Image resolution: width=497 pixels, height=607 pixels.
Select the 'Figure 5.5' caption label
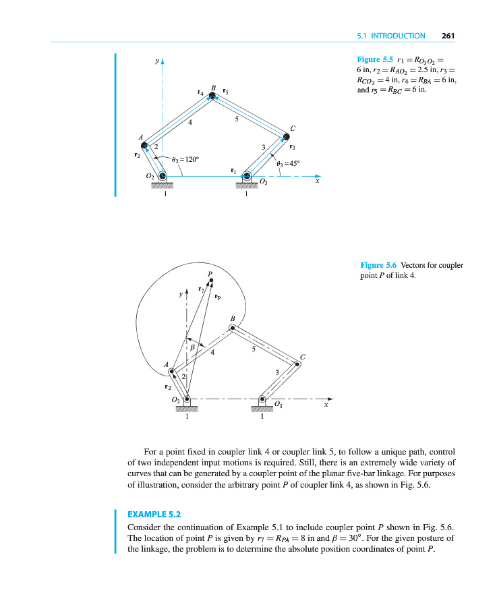click(373, 59)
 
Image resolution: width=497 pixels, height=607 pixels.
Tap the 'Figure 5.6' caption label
click(376, 265)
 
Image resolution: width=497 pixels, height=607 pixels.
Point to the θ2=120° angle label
click(185, 159)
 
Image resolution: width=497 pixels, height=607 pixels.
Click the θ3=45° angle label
click(288, 163)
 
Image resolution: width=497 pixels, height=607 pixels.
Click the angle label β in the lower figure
click(192, 347)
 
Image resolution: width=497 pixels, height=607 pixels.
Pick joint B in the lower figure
click(232, 328)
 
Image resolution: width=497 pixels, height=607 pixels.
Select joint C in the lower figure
click(297, 364)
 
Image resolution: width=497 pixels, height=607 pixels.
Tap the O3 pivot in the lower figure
click(262, 400)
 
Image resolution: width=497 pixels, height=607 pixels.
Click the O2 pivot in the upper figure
click(162, 177)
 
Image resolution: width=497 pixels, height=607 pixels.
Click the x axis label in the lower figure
click(326, 405)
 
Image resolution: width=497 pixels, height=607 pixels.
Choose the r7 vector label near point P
click(201, 289)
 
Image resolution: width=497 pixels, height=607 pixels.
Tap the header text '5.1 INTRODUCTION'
click(390, 36)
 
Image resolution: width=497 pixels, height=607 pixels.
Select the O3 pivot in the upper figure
click(246, 177)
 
